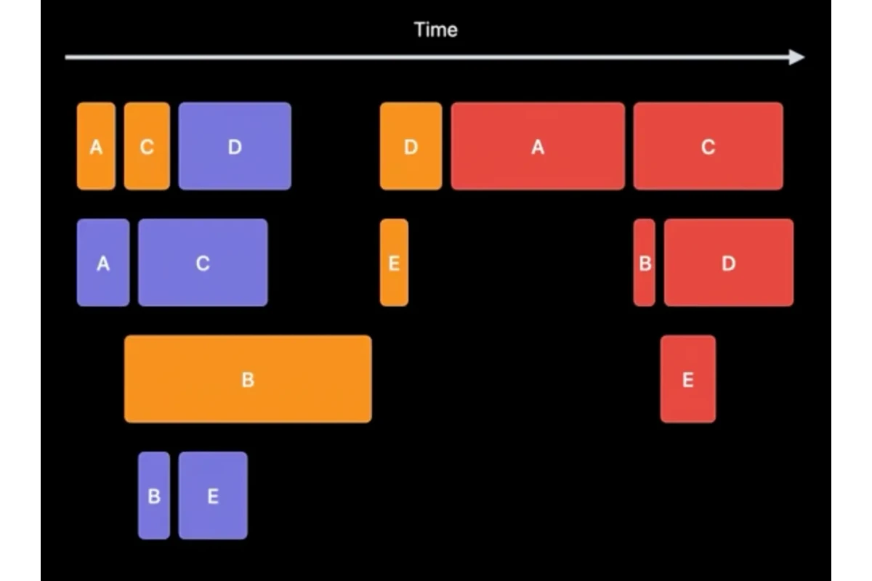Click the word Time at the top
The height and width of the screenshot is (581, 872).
pos(435,30)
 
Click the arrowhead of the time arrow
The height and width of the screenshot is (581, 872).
pos(796,57)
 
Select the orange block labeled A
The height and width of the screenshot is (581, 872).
pos(96,146)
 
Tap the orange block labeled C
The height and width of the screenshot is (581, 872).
pos(147,146)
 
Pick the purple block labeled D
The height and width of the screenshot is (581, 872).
pos(235,146)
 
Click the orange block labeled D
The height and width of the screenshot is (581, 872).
pos(411,146)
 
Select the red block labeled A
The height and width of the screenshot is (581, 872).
pos(538,146)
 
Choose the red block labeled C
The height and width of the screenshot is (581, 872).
pos(708,146)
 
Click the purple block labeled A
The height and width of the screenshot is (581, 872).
pos(103,263)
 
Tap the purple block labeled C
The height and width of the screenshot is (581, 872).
pos(203,263)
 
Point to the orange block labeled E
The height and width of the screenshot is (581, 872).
pos(394,263)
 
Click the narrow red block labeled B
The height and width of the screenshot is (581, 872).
pos(645,263)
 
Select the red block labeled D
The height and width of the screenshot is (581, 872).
pos(729,263)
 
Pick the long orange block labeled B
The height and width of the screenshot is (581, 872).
pos(248,379)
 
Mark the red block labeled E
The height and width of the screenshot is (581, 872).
pos(688,379)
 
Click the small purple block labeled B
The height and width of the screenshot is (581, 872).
pos(154,495)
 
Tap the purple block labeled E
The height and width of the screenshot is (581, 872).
pos(213,495)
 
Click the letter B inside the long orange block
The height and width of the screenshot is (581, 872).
pos(248,380)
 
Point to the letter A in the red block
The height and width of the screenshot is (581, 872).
pos(538,147)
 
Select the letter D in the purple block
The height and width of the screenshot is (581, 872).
pos(235,147)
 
